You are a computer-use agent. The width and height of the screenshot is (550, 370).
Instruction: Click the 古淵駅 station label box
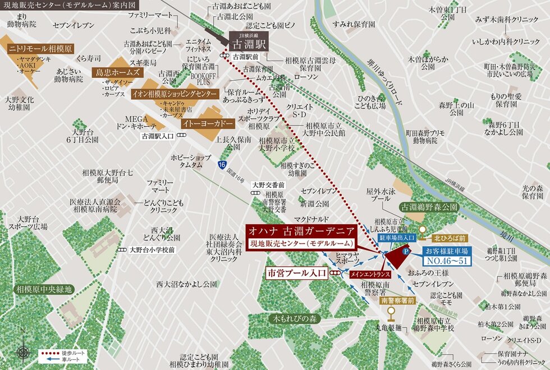250,43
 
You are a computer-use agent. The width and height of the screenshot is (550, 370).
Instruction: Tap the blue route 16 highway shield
223,164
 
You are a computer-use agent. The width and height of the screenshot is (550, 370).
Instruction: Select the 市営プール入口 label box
297,273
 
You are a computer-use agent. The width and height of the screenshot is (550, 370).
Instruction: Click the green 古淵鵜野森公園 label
429,207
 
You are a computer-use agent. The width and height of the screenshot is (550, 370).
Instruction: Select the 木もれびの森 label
296,318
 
